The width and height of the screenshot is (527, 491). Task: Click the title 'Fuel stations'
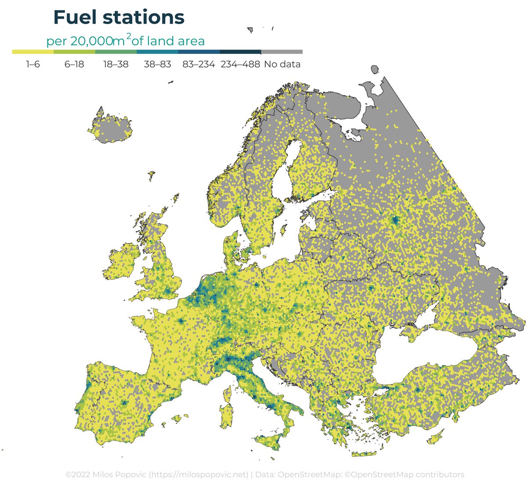(119, 18)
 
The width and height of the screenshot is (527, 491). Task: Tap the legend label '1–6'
(33, 64)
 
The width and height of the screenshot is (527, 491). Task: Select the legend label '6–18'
(74, 64)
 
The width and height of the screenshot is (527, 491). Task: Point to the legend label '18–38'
(116, 64)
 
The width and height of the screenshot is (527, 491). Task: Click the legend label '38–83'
(157, 64)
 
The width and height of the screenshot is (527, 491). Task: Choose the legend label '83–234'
(199, 64)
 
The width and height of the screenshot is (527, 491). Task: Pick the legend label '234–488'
(240, 64)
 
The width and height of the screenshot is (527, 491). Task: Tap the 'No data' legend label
(282, 64)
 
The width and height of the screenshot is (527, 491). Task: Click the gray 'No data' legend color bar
(282, 52)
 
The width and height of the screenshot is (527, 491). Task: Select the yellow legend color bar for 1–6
(33, 52)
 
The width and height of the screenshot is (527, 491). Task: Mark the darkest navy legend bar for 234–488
(240, 52)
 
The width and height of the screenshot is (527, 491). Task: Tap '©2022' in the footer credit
(77, 474)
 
